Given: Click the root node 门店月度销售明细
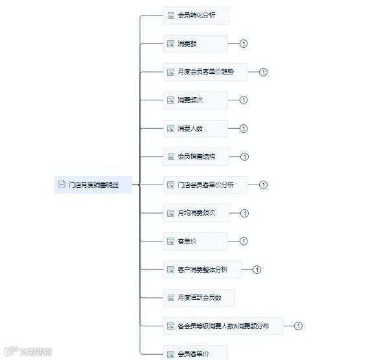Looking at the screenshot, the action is tap(94, 185).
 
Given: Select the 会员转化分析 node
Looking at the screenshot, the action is tap(196, 16).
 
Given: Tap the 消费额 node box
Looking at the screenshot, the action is tap(195, 44).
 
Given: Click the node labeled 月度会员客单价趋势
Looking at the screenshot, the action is tap(205, 72).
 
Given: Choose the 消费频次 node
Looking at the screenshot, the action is tap(195, 100).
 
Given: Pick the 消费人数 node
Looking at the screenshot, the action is tap(195, 128).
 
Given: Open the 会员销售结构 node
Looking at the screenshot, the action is tap(195, 157).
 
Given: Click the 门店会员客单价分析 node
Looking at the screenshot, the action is tap(205, 185).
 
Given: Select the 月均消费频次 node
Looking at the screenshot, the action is tap(195, 213).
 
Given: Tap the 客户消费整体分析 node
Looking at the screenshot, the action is tap(202, 269).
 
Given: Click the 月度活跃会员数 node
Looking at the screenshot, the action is tap(198, 298).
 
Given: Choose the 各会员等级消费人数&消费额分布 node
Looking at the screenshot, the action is tap(223, 326).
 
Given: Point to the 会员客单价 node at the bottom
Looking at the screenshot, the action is tap(195, 354).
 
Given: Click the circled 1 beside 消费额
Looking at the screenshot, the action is tap(244, 44).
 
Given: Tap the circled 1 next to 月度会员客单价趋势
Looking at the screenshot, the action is tap(263, 72).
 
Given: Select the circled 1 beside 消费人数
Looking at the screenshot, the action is tap(244, 128).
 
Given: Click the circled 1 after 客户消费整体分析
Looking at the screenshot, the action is tap(257, 269).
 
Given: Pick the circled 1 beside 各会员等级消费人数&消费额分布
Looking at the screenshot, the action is tap(299, 326).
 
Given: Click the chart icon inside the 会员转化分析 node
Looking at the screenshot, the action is tap(171, 16).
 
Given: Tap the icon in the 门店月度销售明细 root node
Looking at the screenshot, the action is tap(62, 185).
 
